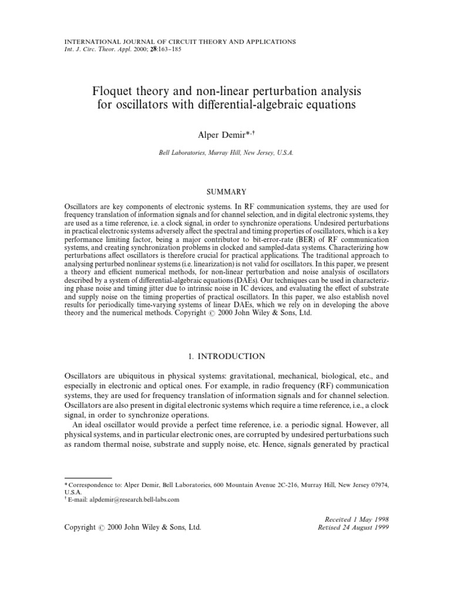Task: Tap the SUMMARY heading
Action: [x=225, y=192]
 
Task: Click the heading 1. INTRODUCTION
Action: [x=225, y=356]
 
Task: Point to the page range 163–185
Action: [x=161, y=49]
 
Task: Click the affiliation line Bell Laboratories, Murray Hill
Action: [x=226, y=152]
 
